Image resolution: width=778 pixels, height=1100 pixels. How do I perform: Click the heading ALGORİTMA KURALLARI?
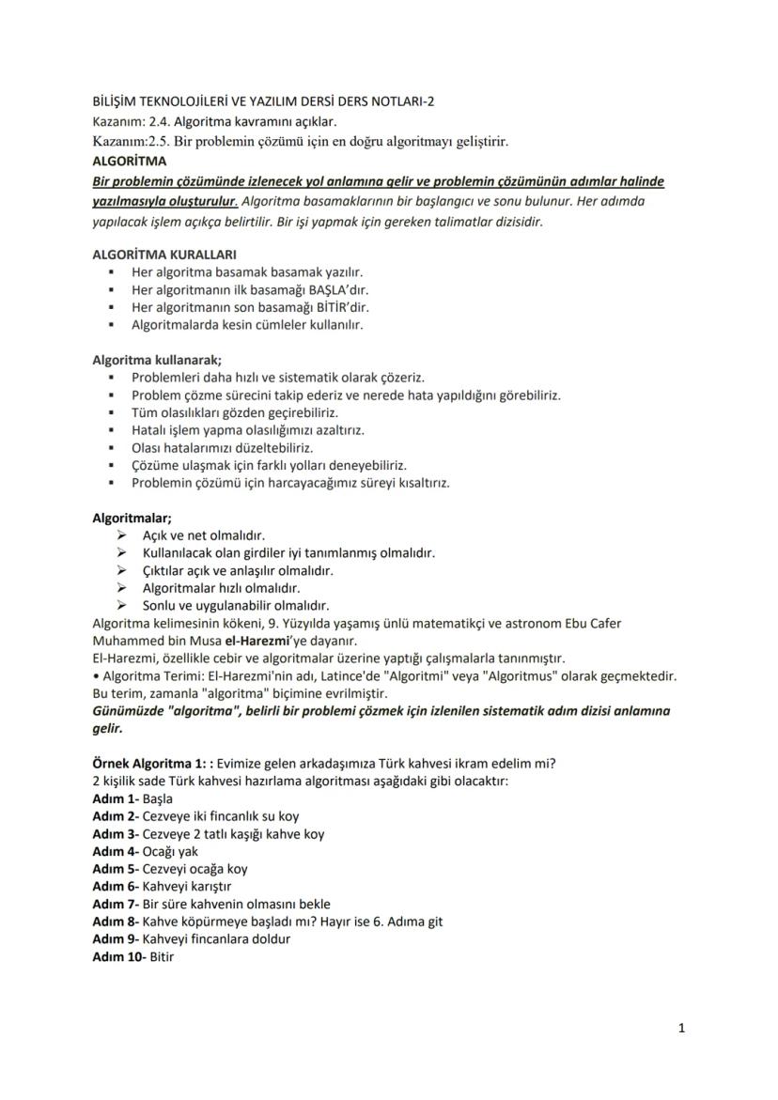[x=164, y=254]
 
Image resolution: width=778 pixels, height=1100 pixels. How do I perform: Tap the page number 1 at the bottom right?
[x=681, y=1029]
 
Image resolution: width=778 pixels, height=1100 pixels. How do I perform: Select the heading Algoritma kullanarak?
[x=157, y=360]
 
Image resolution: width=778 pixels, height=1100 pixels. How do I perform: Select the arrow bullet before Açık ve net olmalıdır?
[x=121, y=535]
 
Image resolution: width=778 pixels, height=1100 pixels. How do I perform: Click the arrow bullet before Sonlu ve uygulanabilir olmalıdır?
[x=121, y=605]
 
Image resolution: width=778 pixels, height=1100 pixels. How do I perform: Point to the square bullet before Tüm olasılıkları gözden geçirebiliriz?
[x=112, y=412]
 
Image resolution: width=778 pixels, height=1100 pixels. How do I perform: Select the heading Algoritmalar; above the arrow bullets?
[x=131, y=518]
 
